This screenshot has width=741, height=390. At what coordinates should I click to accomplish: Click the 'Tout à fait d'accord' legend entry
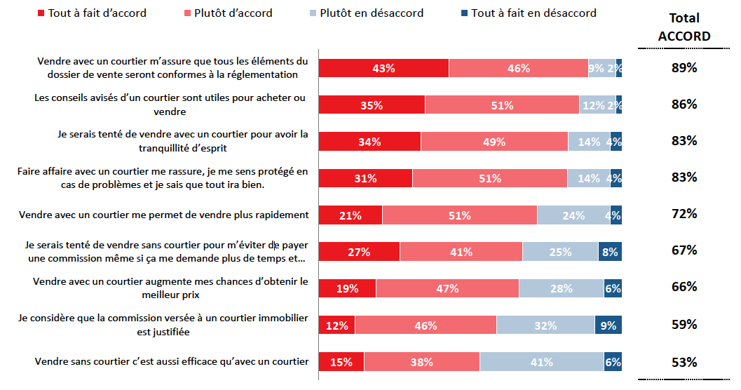pyautogui.click(x=90, y=13)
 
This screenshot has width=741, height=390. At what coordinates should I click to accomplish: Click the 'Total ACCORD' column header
pyautogui.click(x=684, y=27)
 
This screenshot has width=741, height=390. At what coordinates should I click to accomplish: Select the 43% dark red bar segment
pyautogui.click(x=383, y=68)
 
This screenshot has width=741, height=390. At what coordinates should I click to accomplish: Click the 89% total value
pyautogui.click(x=684, y=68)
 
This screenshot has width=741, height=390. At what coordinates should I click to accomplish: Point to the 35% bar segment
pyautogui.click(x=372, y=105)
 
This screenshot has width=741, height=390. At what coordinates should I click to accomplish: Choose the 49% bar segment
pyautogui.click(x=494, y=142)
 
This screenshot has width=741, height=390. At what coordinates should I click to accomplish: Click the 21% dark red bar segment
pyautogui.click(x=351, y=215)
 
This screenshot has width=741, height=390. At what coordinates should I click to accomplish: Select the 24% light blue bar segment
pyautogui.click(x=573, y=215)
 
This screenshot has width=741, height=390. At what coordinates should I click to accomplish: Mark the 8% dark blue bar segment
pyautogui.click(x=610, y=252)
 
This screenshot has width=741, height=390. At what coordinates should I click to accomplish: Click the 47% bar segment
pyautogui.click(x=447, y=288)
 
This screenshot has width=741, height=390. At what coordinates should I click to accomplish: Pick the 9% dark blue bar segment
pyautogui.click(x=608, y=325)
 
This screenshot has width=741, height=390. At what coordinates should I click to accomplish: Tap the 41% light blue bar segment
pyautogui.click(x=542, y=362)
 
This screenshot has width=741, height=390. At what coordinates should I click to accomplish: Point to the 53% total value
pyautogui.click(x=684, y=363)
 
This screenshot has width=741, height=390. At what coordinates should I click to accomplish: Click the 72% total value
pyautogui.click(x=684, y=214)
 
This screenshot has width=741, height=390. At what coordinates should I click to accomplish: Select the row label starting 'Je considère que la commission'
pyautogui.click(x=163, y=325)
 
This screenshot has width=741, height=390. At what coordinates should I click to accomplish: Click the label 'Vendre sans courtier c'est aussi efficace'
pyautogui.click(x=172, y=362)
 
